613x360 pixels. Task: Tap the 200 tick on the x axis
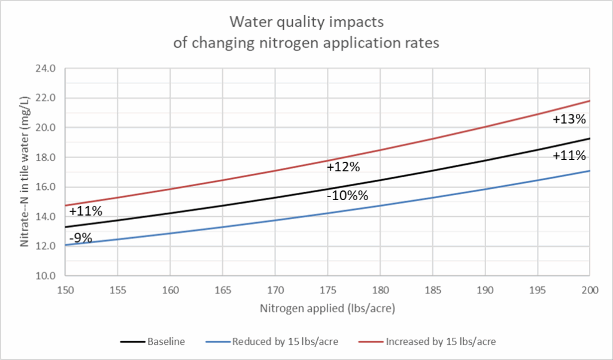point(590,289)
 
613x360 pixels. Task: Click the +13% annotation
point(569,119)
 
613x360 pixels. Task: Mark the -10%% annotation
point(347,195)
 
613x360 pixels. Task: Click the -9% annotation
point(81,238)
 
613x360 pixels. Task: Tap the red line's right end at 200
point(590,101)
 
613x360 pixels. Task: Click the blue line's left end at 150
point(66,245)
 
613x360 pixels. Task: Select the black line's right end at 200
point(590,138)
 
